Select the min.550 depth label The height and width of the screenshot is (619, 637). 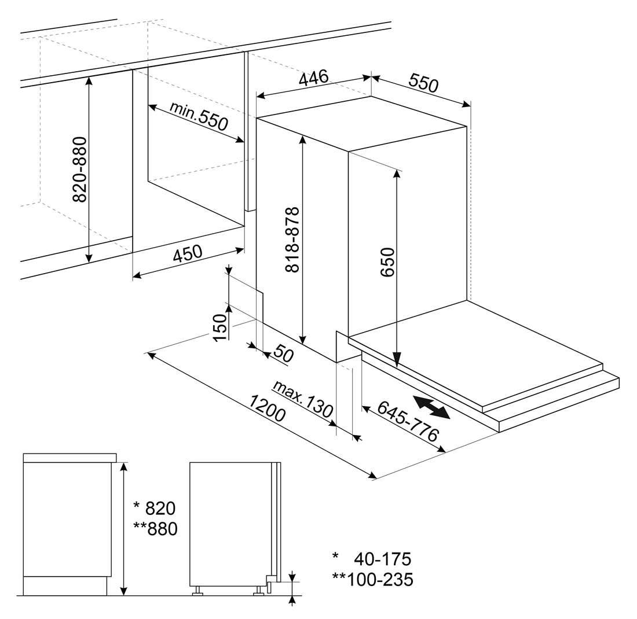coord(199,116)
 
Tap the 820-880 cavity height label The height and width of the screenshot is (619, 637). coord(80,170)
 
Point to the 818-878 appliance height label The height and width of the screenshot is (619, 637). coord(292,240)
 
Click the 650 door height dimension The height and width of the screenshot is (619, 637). coord(387,262)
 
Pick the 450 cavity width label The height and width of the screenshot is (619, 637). coord(187,253)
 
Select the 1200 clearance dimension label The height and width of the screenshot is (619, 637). coord(268,408)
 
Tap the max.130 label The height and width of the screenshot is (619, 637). coord(303,399)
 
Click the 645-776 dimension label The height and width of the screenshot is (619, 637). coord(408,421)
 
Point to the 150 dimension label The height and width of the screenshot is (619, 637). coord(219,327)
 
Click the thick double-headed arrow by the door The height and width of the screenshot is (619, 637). coord(431,407)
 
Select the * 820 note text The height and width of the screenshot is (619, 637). coord(155,508)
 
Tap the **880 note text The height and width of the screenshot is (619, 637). coord(156,529)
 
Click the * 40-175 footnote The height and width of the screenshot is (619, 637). coord(372,559)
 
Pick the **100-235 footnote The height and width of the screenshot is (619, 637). coord(372,580)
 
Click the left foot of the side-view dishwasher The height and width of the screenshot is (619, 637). coord(198,591)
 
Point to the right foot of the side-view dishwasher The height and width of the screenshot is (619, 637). coord(258,591)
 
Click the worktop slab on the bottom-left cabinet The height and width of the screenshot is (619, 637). coord(70,458)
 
